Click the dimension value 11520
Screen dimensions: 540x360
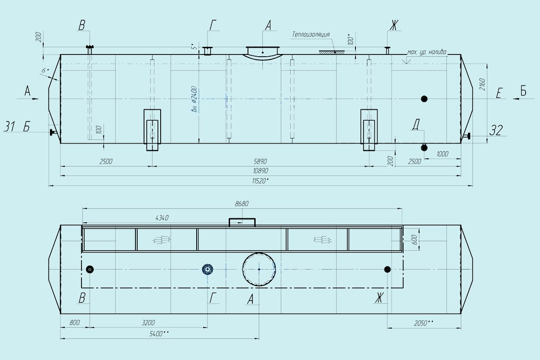point(260,181)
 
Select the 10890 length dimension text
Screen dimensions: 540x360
point(261,171)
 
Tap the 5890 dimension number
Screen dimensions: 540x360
point(260,161)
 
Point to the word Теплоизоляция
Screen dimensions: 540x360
point(311,35)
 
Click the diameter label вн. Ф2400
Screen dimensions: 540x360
point(194,99)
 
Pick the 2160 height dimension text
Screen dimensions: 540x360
point(482,84)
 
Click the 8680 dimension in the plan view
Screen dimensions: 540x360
point(242,204)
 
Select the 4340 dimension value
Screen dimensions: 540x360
point(162,218)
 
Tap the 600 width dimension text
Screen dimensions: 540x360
point(415,240)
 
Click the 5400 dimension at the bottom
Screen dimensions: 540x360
point(159,334)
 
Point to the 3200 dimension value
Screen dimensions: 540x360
point(148,323)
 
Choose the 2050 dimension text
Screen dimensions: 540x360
point(423,323)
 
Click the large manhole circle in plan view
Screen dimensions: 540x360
point(259,253)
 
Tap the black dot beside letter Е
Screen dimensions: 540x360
point(424,99)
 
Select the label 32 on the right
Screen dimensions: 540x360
point(496,130)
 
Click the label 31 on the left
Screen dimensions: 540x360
point(9,126)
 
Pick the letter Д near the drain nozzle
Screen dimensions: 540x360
point(416,124)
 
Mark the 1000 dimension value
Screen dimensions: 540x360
point(442,154)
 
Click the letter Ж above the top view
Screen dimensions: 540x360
point(394,25)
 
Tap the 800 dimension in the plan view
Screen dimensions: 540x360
point(75,323)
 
